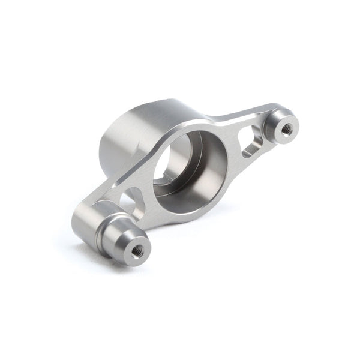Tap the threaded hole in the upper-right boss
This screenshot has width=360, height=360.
coord(287,127)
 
